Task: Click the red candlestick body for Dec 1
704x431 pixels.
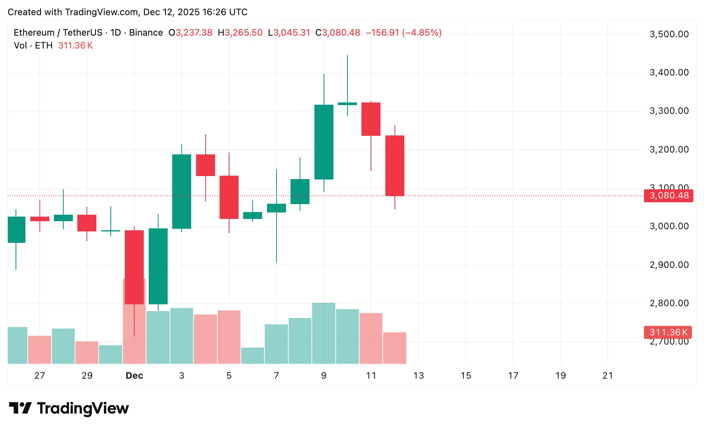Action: point(134,267)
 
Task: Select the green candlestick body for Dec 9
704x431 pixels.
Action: point(324,142)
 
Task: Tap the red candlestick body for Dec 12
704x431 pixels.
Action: point(395,165)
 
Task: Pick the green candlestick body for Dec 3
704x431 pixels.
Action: point(182,191)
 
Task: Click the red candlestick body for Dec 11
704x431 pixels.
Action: point(371,119)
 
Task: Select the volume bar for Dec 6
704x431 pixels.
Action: point(253,355)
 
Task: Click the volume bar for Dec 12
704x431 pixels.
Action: point(395,348)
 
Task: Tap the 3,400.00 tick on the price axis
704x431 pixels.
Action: point(669,72)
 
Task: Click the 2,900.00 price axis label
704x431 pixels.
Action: point(669,265)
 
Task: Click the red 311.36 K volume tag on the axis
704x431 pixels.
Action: point(668,332)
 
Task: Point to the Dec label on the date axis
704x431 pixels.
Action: point(134,376)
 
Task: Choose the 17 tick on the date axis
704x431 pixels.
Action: point(513,376)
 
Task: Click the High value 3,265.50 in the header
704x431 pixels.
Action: point(243,33)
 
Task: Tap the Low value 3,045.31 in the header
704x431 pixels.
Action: point(291,33)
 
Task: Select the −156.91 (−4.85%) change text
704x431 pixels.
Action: point(404,33)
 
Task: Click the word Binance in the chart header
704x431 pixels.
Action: point(146,33)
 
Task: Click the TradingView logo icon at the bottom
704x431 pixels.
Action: point(20,408)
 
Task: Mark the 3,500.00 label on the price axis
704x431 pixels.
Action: point(669,34)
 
